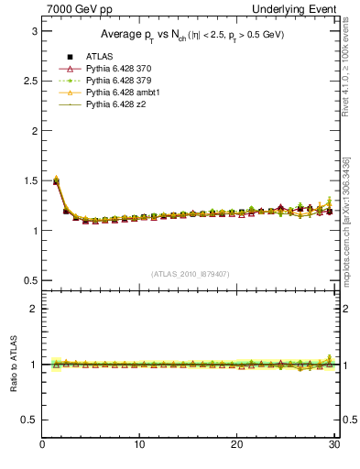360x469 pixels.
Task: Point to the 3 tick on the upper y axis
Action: (x=33, y=31)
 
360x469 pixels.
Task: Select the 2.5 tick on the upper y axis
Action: (x=28, y=81)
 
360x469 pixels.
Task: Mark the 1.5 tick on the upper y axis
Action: (x=28, y=180)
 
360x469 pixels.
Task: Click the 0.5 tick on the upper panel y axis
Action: (x=28, y=280)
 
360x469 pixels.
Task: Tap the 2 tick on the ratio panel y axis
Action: (x=33, y=309)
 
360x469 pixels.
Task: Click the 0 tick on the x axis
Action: (x=42, y=446)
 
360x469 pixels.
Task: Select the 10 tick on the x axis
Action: (x=139, y=446)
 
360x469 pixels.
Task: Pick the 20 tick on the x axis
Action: (x=236, y=446)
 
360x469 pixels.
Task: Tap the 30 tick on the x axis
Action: (x=333, y=446)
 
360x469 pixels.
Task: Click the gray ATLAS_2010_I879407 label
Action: (x=190, y=273)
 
